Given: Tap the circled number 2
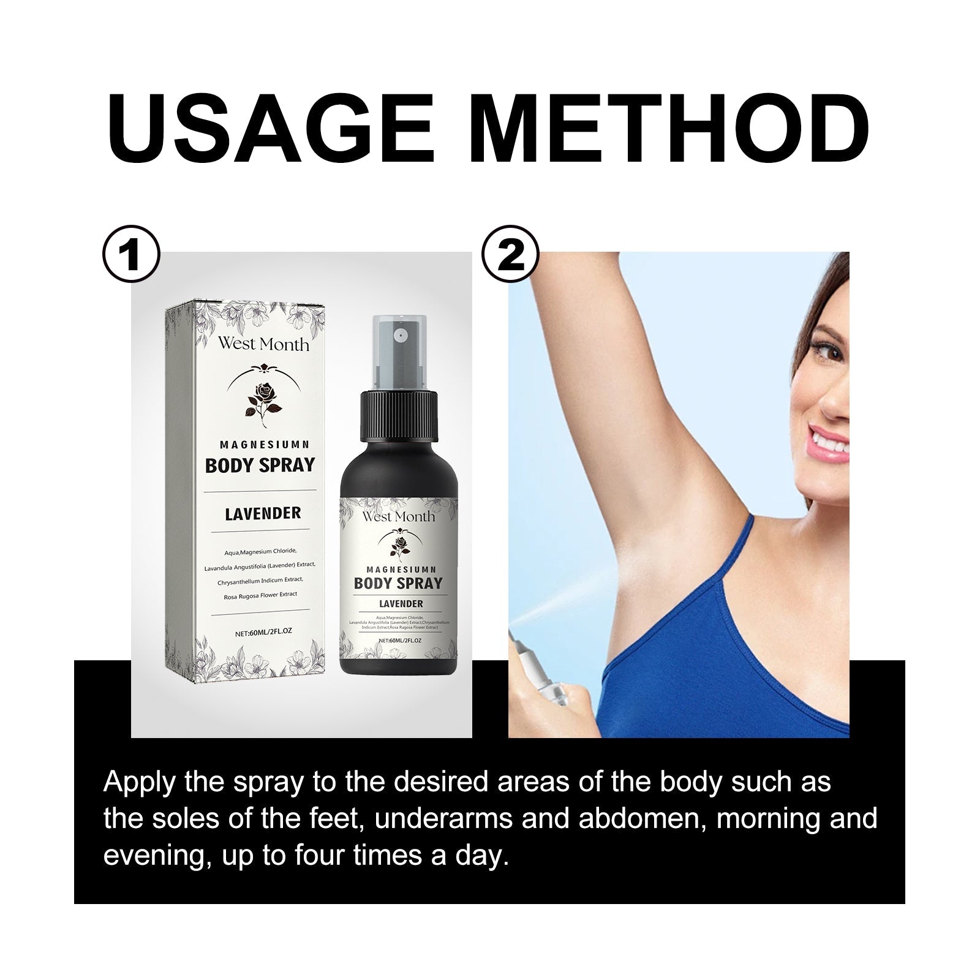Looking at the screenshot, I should pos(511,256).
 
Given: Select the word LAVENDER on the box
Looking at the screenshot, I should pos(263,513).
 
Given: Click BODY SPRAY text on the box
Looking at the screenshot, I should pos(260,466).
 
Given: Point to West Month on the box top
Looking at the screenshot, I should pos(263,345).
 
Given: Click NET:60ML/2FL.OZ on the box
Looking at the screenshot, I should pos(262,634).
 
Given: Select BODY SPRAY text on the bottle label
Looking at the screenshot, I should pos(398,582).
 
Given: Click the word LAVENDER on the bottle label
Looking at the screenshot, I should pos(401,604).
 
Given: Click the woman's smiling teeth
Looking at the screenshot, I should pos(833,440).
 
